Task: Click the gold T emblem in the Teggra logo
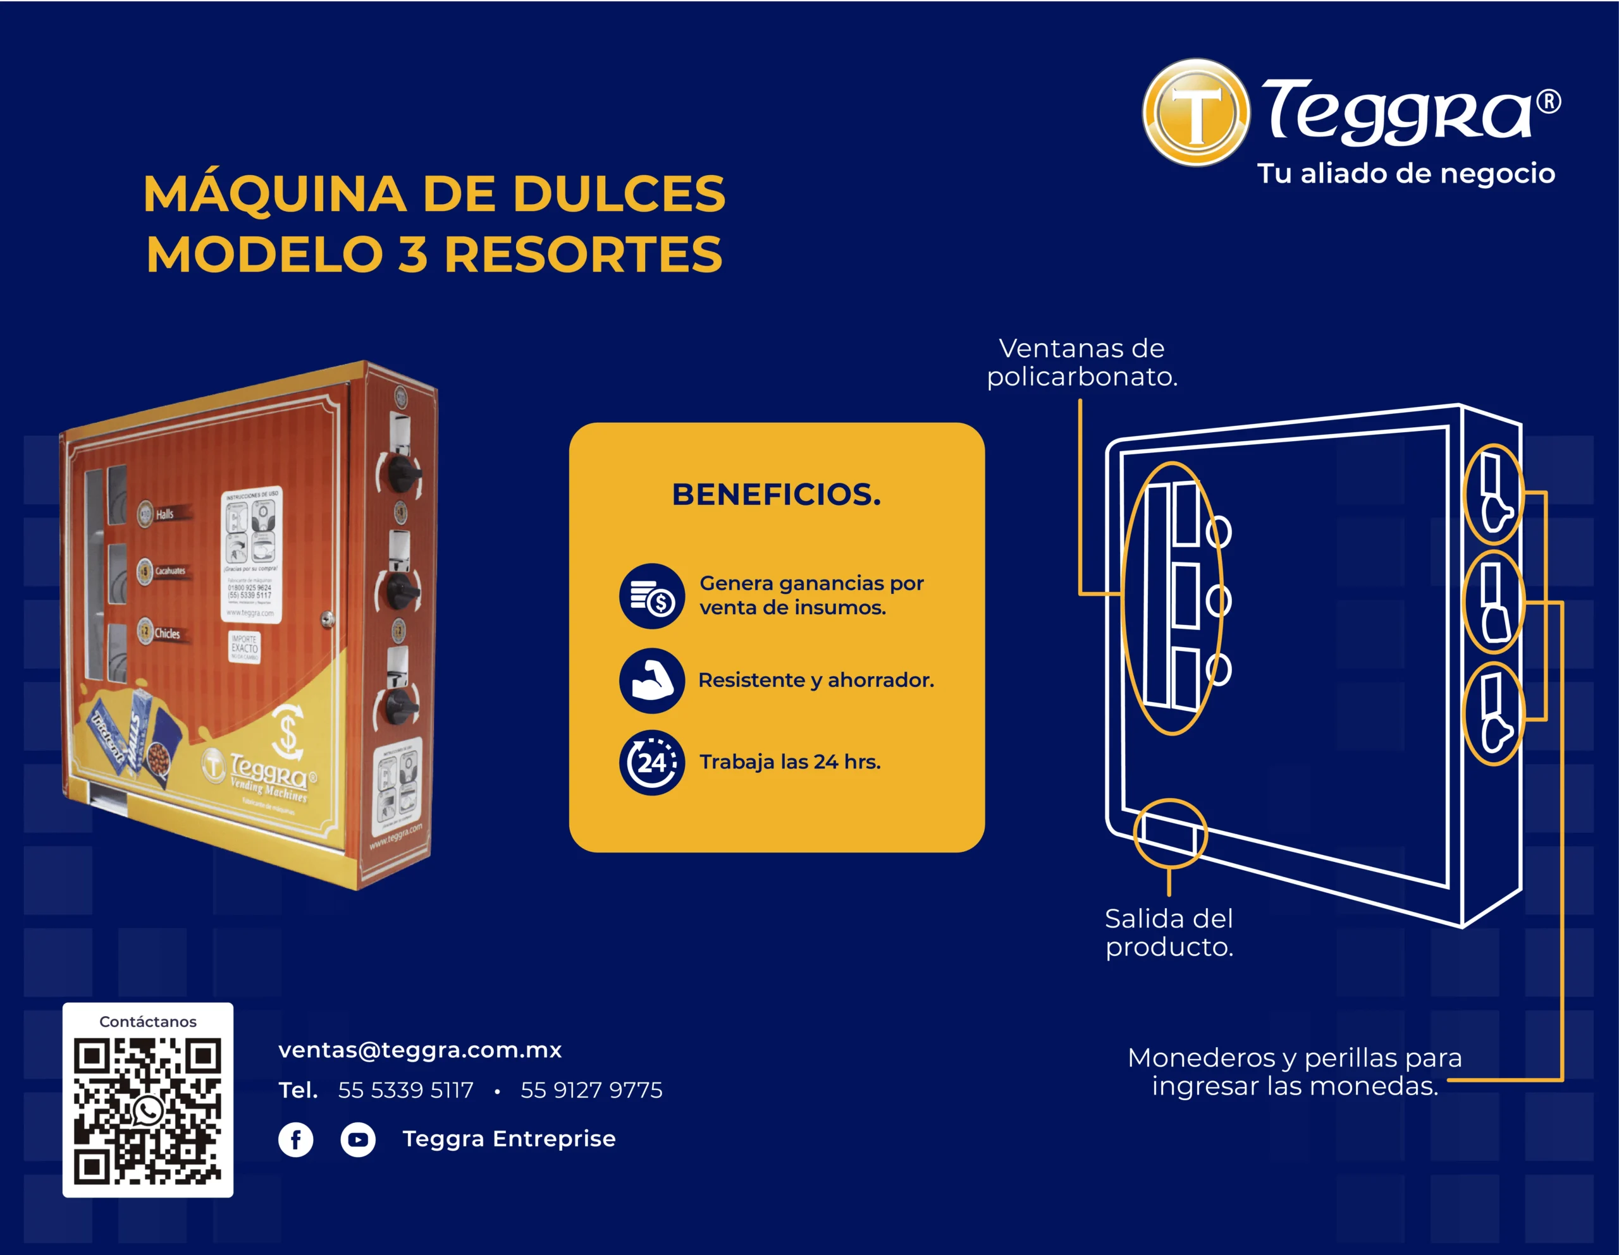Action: [1195, 112]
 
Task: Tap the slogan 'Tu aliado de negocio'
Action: [1405, 173]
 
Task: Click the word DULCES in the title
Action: [619, 194]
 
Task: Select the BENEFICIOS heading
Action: [776, 494]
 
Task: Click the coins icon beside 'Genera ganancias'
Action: [651, 597]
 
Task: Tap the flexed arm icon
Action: [651, 680]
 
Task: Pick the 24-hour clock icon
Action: [651, 762]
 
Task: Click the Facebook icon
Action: [296, 1139]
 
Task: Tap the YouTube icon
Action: [358, 1139]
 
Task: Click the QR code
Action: [147, 1110]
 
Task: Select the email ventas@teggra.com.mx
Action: [419, 1050]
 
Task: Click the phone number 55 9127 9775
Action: [591, 1090]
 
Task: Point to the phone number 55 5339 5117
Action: [405, 1090]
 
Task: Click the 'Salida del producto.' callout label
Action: [1169, 932]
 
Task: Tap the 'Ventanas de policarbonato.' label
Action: [1081, 362]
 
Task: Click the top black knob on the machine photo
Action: [400, 471]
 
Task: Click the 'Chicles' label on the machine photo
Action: [167, 633]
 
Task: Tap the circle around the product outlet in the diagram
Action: [1170, 833]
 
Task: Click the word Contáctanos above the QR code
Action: [147, 1022]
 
